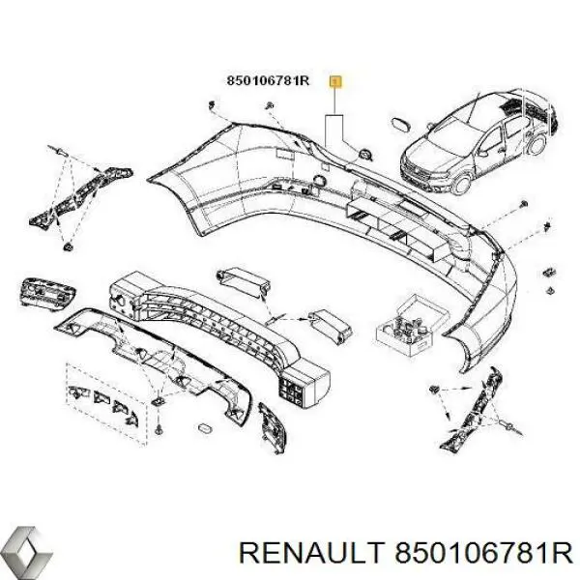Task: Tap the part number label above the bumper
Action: coord(268,81)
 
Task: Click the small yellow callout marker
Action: coord(334,81)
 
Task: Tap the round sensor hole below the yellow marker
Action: coord(364,153)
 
